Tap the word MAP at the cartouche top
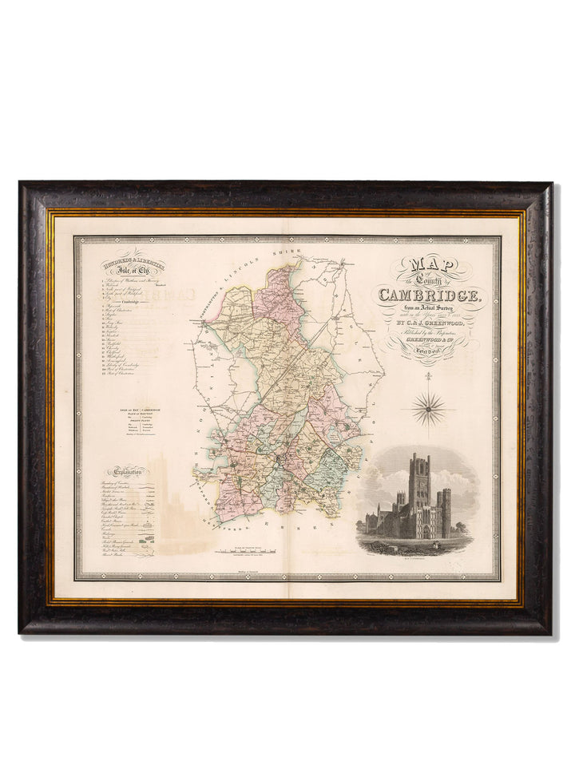tap(430, 266)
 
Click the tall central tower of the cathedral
tap(418, 482)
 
